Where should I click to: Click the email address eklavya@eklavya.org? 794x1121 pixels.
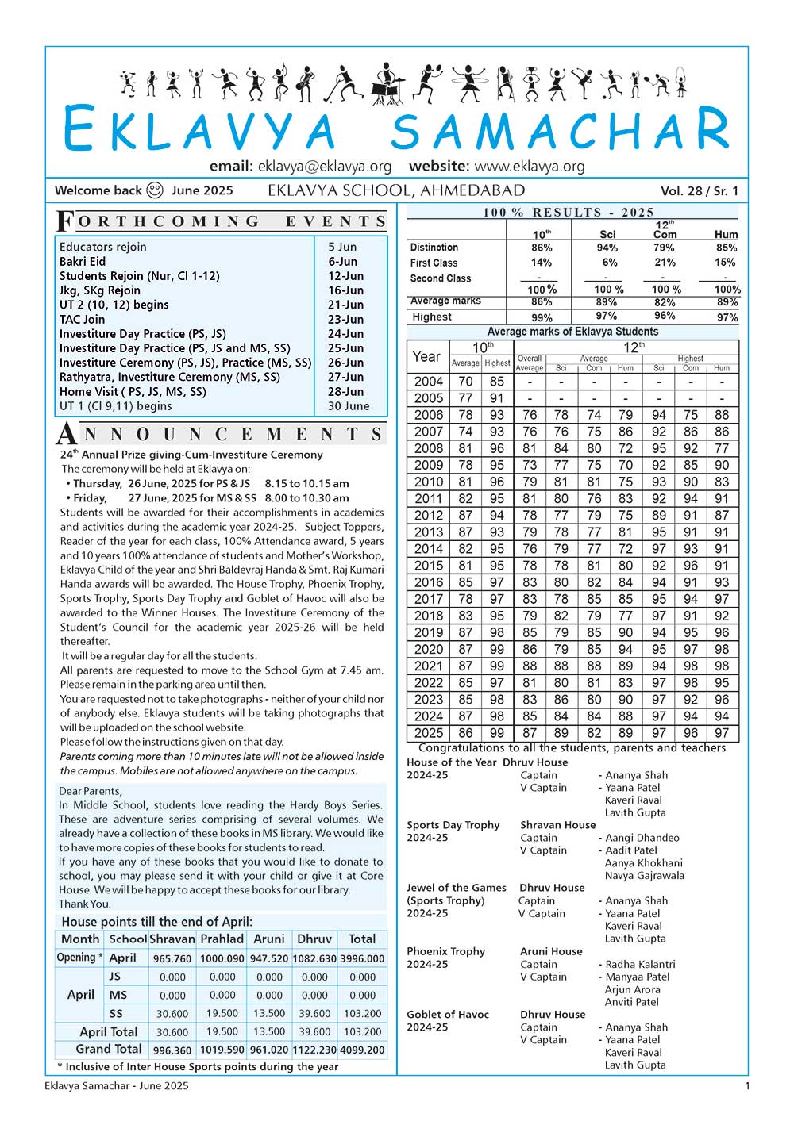[324, 167]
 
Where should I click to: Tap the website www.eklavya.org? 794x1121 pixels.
[529, 167]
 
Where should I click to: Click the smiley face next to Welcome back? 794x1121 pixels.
[155, 190]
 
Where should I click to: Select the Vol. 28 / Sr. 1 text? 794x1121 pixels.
[699, 190]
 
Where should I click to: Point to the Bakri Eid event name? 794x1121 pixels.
[83, 262]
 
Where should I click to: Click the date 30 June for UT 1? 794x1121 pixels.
[349, 406]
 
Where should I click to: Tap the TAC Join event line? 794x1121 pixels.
[82, 320]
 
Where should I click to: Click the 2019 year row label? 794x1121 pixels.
[428, 632]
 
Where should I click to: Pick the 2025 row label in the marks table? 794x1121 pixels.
[428, 733]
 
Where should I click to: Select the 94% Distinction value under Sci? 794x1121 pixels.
[607, 248]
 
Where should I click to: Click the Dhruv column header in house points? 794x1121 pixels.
[314, 939]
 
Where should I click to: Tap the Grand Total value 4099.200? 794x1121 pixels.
[362, 1050]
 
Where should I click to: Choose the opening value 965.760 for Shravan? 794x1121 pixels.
[172, 958]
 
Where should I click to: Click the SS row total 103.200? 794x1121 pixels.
[362, 1014]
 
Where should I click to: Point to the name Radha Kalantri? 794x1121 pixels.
[640, 965]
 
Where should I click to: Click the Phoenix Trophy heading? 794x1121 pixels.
[446, 952]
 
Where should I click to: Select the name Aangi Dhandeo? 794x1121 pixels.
[642, 838]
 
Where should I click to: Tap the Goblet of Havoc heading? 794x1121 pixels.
[448, 1015]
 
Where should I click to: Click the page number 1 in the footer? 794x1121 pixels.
[746, 1086]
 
